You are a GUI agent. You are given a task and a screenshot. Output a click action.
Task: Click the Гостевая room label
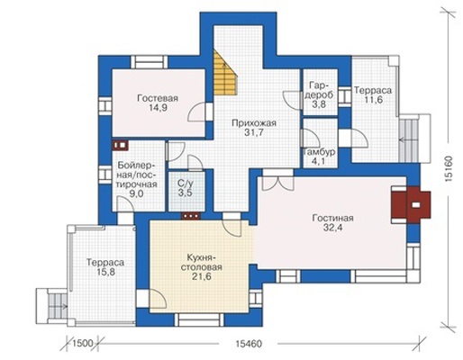(x=158, y=103)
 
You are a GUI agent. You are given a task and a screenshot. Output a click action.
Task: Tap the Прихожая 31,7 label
(x=254, y=128)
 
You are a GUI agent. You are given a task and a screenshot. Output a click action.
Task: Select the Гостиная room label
(x=332, y=222)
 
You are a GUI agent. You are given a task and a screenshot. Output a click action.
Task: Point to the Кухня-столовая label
(x=202, y=267)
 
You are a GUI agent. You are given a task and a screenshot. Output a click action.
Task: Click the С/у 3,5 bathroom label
(x=185, y=188)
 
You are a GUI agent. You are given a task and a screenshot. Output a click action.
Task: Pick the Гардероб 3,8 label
(x=321, y=94)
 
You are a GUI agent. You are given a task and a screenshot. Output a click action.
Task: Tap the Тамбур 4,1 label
(x=319, y=157)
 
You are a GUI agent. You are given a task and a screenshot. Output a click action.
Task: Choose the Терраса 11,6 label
(x=373, y=94)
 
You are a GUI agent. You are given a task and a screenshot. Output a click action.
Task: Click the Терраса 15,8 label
(x=105, y=267)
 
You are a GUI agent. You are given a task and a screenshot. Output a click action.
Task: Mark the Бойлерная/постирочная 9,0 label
(x=137, y=179)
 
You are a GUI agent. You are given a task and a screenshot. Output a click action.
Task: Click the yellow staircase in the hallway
(x=224, y=72)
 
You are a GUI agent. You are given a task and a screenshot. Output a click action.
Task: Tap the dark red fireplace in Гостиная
(x=411, y=205)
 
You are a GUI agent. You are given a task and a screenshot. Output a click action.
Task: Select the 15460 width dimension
(x=249, y=344)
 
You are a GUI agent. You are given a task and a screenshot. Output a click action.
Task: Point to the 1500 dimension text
(x=83, y=344)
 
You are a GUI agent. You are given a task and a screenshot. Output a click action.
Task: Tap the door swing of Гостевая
(x=197, y=112)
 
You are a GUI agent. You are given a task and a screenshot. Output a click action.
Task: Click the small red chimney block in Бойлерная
(x=120, y=145)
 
